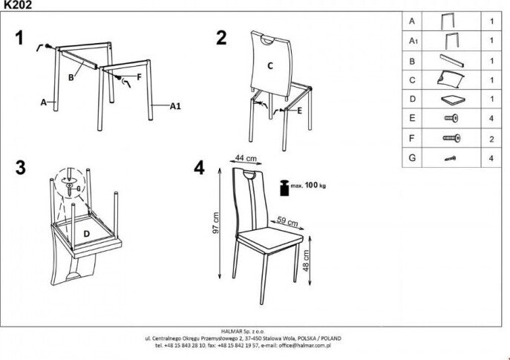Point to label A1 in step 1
[x=176, y=107]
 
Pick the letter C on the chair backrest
[x=270, y=65]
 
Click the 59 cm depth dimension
[x=287, y=220]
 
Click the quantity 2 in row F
[x=492, y=137]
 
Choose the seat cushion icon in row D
[x=451, y=99]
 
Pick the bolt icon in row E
[x=451, y=118]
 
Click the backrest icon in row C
[x=451, y=79]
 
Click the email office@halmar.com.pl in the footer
[x=301, y=345]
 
